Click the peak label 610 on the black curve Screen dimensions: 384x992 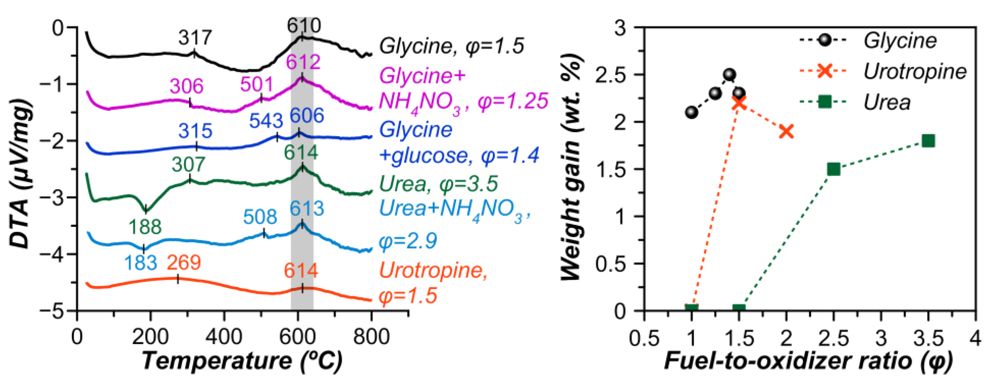pos(303,26)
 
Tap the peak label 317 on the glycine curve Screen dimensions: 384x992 pos(195,38)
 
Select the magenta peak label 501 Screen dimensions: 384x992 pos(257,84)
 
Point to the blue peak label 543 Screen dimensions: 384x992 pos(266,121)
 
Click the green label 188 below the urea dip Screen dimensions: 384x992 pos(145,227)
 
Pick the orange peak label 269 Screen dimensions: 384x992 pos(184,263)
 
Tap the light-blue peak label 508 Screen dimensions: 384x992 pos(260,217)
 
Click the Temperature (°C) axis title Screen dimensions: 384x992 pos(242,361)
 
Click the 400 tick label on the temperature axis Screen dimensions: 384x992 pos(224,337)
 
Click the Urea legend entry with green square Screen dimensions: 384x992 pos(887,102)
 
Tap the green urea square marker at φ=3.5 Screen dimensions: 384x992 pos(929,141)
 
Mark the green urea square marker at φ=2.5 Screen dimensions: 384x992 pos(834,169)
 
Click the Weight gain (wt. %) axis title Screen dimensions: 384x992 pos(572,169)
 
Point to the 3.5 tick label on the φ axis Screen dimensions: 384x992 pos(929,338)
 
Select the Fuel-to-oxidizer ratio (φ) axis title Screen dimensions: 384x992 pos(808,361)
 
